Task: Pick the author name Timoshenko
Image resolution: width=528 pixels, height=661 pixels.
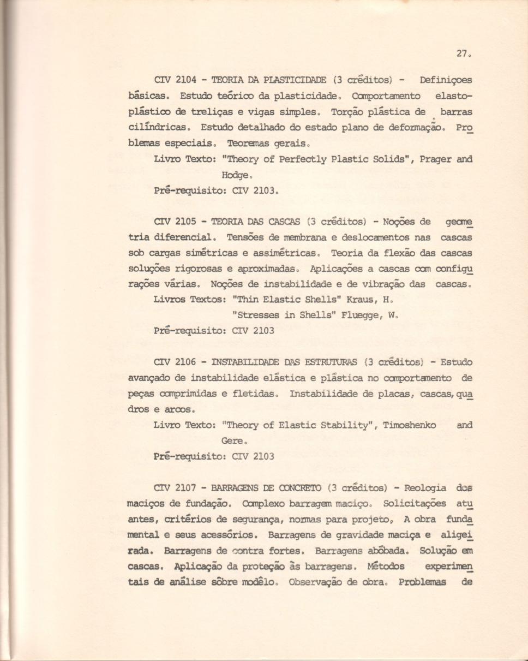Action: [409, 425]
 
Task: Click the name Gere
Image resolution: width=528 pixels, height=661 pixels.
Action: [233, 440]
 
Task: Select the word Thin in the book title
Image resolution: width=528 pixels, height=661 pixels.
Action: [247, 300]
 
